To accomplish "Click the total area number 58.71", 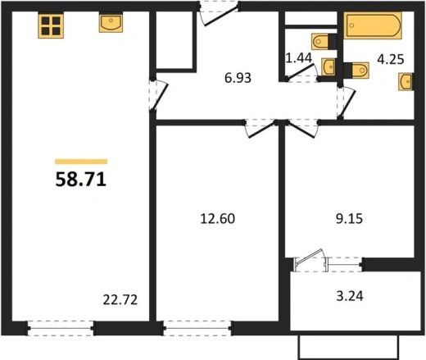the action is [81, 180].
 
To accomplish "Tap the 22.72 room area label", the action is [120, 300].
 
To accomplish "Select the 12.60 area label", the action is [218, 219].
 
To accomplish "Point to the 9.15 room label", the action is [349, 219].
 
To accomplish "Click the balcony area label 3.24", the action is [350, 296].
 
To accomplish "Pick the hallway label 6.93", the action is [238, 78].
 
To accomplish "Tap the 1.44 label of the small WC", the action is [299, 58].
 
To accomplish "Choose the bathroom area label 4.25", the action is [391, 59].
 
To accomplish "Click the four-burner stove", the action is [51, 25].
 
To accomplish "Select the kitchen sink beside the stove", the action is [111, 22].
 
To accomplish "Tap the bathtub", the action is [373, 25].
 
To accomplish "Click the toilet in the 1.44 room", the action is [324, 42].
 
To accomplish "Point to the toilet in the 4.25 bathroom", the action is [356, 71].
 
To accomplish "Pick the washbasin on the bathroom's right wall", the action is [406, 81].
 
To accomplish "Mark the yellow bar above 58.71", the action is [81, 162].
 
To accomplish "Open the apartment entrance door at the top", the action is [220, 15].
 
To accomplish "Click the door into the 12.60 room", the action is [261, 129].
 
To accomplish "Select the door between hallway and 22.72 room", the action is [158, 94].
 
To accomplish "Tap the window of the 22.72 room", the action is [61, 328].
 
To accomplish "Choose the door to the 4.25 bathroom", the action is [347, 103].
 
